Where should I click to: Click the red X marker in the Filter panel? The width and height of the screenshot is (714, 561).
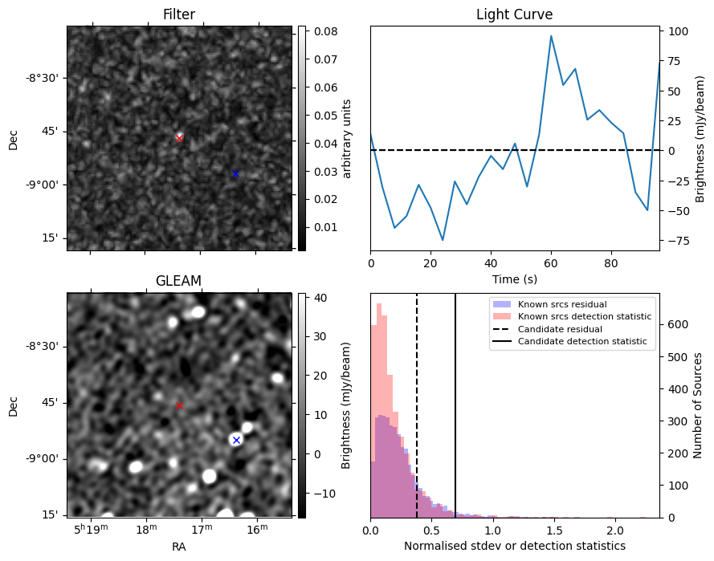(179, 138)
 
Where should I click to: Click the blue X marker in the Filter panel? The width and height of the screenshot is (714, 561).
(235, 173)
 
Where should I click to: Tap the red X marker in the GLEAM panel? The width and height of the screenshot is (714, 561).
(179, 405)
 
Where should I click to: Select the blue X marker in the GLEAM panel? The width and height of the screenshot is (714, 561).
(236, 440)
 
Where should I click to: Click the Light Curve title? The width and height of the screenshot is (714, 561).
(515, 14)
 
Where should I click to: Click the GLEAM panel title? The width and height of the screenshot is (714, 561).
(178, 281)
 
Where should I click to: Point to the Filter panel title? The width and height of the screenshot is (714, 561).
(179, 14)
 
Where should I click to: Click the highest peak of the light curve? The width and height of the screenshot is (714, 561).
(551, 36)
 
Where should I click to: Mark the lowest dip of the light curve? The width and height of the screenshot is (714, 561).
(443, 240)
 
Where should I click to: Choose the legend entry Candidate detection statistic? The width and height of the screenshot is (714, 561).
(582, 341)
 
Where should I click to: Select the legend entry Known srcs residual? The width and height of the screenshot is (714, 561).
(562, 304)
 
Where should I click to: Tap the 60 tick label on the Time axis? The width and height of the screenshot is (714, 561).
(551, 263)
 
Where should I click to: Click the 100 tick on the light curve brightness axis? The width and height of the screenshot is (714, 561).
(677, 31)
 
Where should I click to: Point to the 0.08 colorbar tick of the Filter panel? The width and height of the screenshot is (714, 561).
(326, 31)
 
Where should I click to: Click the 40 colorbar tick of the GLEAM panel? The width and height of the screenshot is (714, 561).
(320, 298)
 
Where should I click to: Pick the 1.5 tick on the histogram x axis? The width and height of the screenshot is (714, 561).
(553, 531)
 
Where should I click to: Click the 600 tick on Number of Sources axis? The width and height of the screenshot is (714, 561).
(677, 324)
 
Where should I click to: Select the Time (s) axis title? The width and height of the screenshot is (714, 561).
(515, 279)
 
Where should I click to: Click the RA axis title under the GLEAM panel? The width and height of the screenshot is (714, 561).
(179, 547)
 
